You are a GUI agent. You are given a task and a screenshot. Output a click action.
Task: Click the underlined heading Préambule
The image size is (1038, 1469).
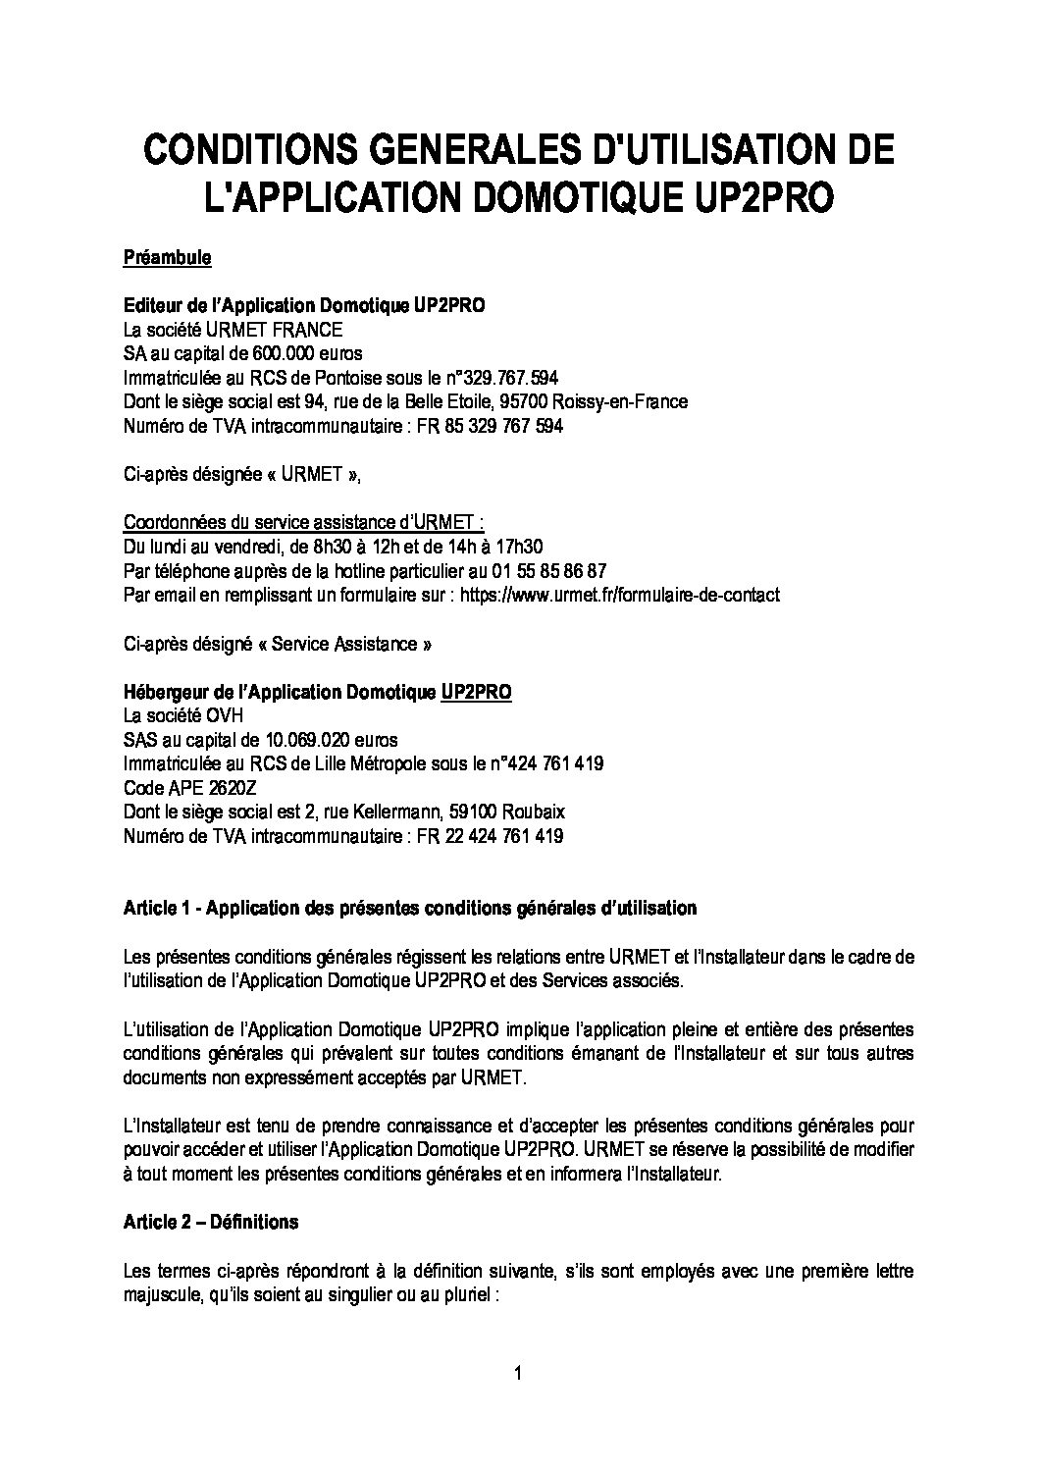pos(167,258)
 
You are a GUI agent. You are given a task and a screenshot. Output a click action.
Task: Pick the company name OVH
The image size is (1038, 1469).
pos(222,715)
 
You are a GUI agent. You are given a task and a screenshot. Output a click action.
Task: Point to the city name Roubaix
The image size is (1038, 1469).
pos(533,812)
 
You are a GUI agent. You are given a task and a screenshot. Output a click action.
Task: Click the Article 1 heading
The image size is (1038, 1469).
pos(409,908)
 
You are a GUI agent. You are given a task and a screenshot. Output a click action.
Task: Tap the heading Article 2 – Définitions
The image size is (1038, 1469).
pos(211,1222)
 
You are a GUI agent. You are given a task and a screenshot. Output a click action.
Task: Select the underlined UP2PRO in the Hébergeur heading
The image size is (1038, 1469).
pos(476,692)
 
